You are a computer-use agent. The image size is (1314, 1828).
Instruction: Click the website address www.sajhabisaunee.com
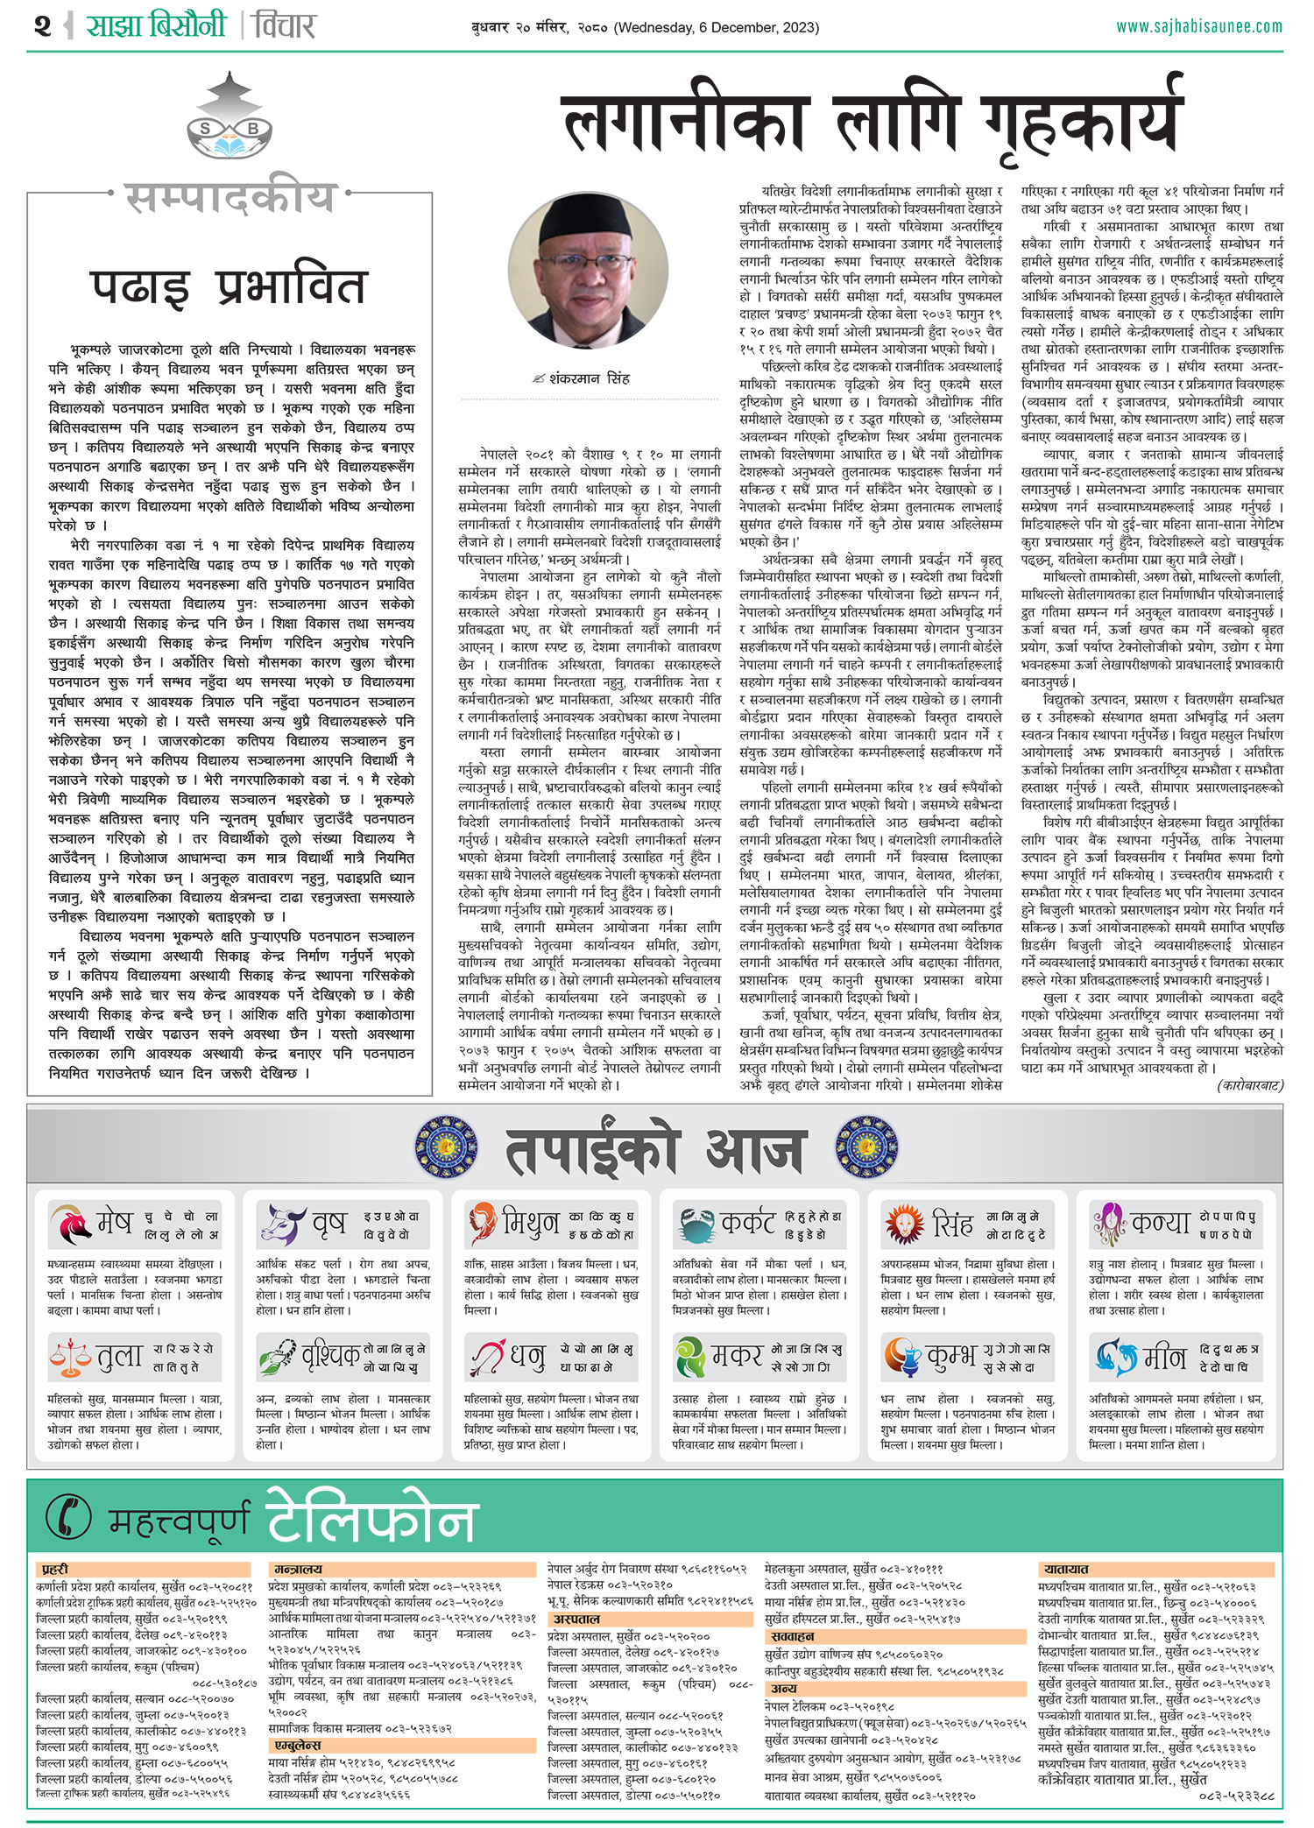pos(1198,26)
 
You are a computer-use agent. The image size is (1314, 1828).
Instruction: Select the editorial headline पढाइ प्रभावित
pos(229,287)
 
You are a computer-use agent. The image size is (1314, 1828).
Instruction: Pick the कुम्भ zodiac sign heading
pos(951,1357)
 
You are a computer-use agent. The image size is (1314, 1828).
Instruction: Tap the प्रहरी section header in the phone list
pos(54,1570)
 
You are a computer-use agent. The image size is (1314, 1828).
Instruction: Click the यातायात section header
pos(1066,1570)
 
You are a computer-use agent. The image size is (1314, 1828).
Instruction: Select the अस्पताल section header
pos(576,1620)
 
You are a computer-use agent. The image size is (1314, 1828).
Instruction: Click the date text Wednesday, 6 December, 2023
pos(717,28)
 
